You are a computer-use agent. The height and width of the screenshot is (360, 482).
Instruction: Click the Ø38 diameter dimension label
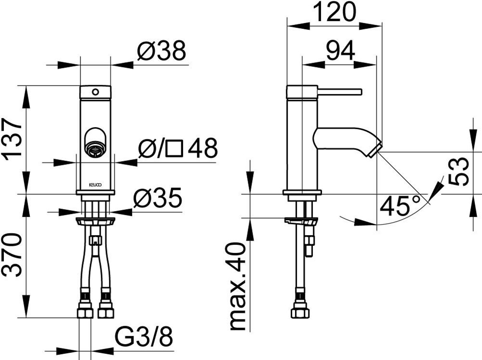(x=161, y=51)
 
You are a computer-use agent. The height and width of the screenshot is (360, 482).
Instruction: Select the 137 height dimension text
(x=13, y=139)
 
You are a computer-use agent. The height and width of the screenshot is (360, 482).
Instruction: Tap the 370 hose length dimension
(x=13, y=255)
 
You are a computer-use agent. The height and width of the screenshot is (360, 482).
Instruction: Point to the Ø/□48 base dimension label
(x=178, y=147)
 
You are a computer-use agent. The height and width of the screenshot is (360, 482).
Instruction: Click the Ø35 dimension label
(x=158, y=198)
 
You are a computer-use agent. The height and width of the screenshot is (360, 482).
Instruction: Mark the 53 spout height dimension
(x=459, y=172)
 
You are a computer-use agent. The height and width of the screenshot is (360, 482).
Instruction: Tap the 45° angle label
(x=400, y=205)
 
